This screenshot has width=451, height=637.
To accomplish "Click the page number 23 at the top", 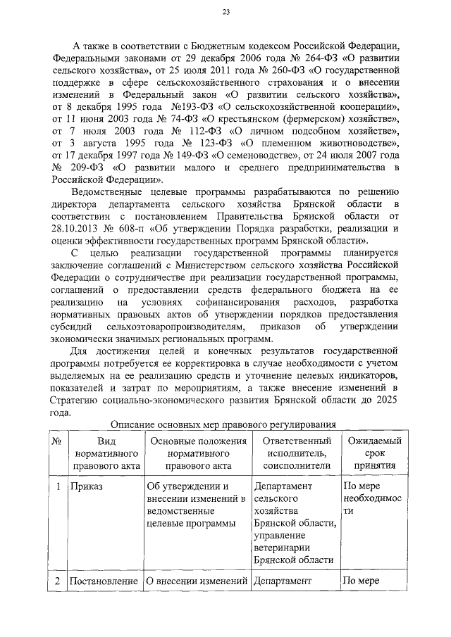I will point(225,11).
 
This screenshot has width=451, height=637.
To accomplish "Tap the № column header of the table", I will point(56,441).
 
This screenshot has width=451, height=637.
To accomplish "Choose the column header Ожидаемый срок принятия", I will point(370,453).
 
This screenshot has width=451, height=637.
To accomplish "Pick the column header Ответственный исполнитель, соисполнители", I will point(294,453).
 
